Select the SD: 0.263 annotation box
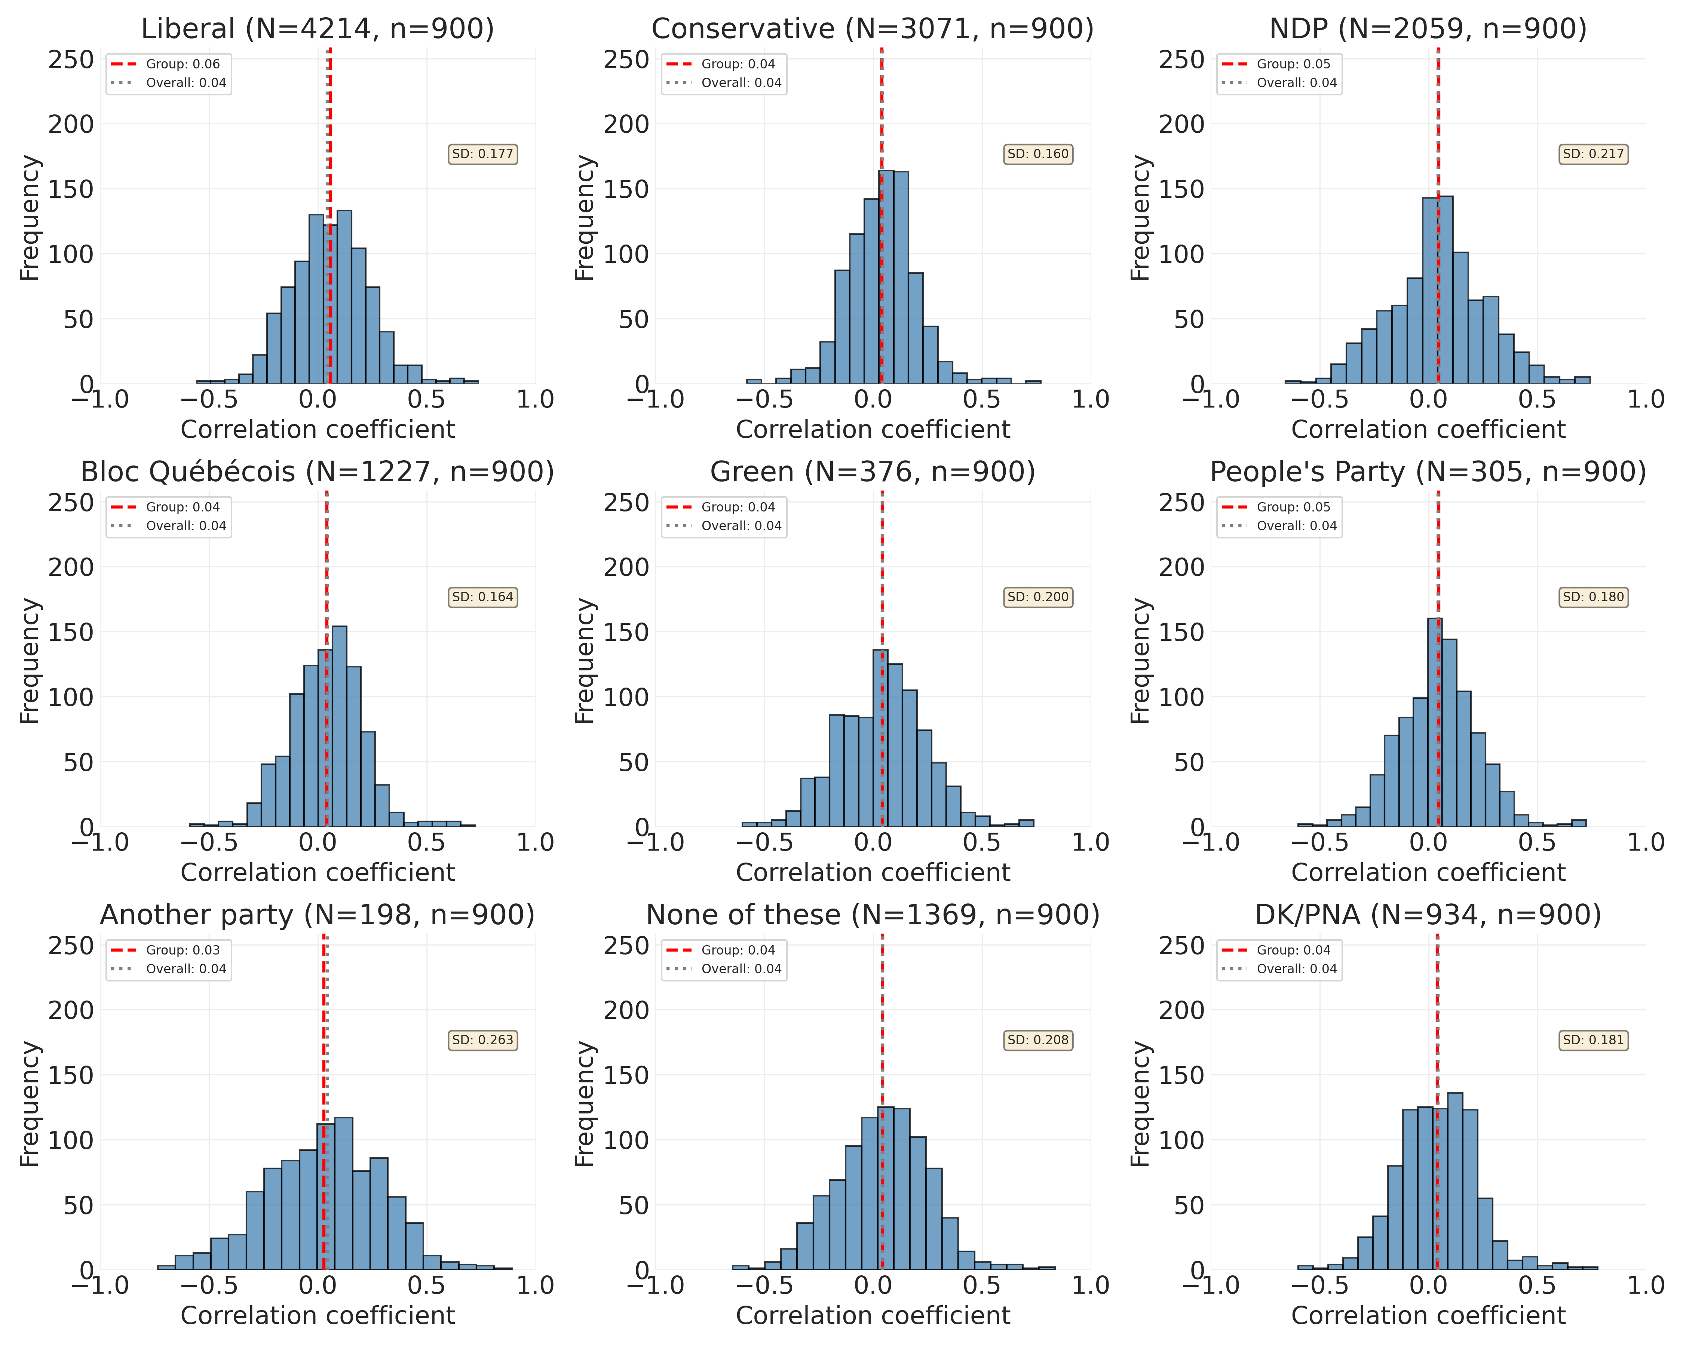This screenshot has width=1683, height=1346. (x=482, y=1040)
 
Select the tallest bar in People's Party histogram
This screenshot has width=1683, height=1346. (x=1435, y=722)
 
